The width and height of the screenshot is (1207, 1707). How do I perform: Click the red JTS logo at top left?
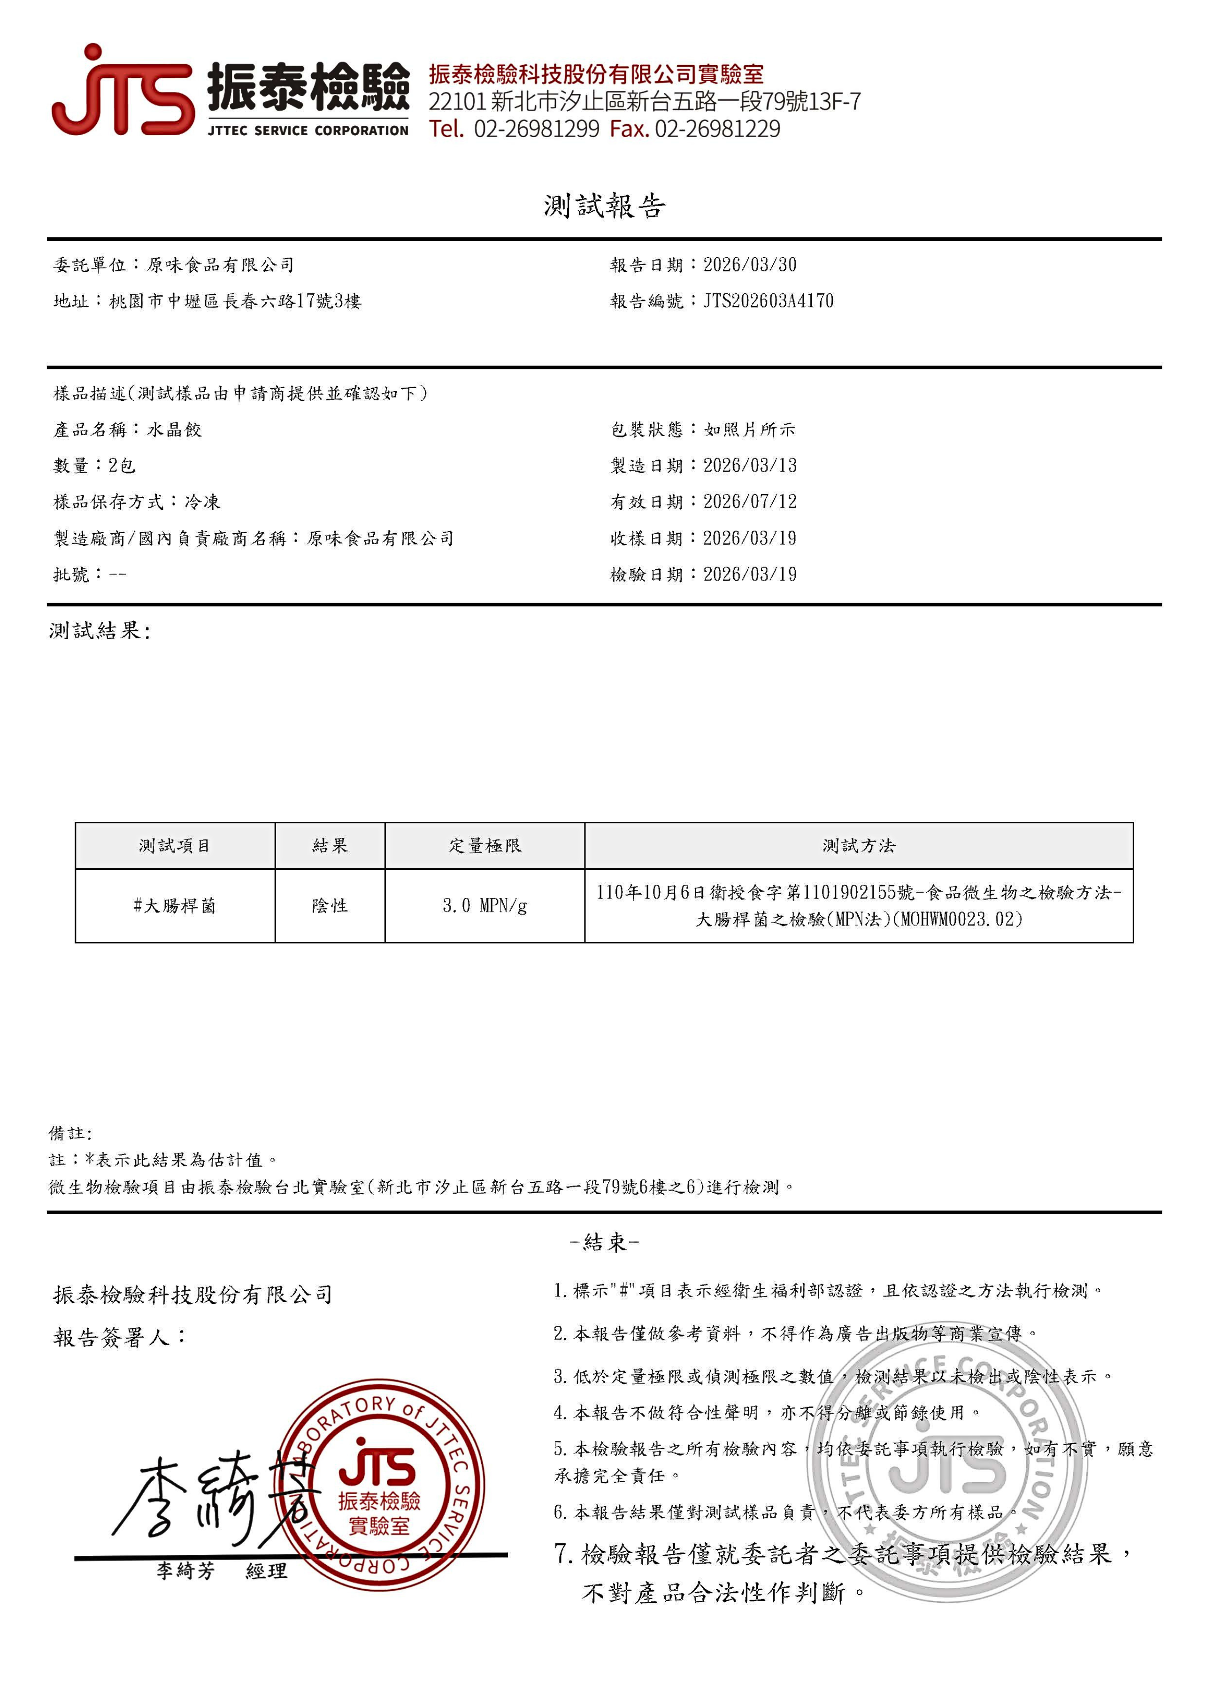(x=123, y=93)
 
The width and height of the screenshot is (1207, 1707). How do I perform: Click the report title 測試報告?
(x=604, y=206)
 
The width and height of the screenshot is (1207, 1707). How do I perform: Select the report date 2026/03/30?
(x=750, y=265)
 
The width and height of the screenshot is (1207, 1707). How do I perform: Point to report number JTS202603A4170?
(x=768, y=301)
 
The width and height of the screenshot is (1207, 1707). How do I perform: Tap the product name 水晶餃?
(x=174, y=430)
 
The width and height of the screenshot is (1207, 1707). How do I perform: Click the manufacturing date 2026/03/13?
(x=750, y=466)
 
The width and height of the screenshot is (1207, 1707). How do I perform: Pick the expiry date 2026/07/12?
(x=750, y=502)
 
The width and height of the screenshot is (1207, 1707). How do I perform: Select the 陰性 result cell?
(x=330, y=905)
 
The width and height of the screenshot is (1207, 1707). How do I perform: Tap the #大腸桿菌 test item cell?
(x=175, y=905)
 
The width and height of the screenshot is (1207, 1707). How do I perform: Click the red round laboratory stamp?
(x=379, y=1487)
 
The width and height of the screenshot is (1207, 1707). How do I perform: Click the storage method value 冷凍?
(x=202, y=502)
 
